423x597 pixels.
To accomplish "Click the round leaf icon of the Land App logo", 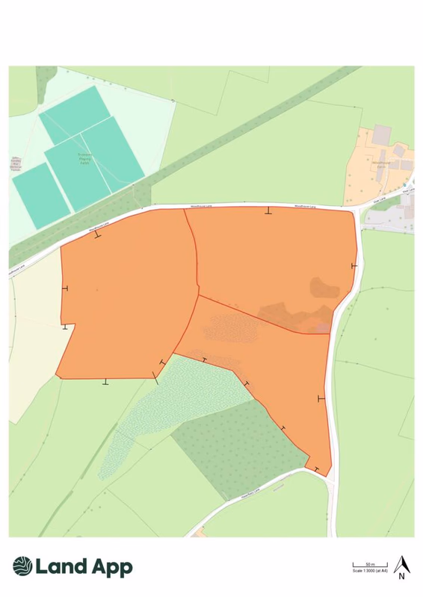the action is pyautogui.click(x=22, y=567).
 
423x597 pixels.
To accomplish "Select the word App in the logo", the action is pyautogui.click(x=108, y=567).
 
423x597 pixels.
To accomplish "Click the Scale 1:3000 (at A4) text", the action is pyautogui.click(x=370, y=571).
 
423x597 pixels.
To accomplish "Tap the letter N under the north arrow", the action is pyautogui.click(x=401, y=575).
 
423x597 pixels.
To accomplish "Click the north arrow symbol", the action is pyautogui.click(x=401, y=563).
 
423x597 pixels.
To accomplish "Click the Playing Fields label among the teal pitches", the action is pyautogui.click(x=88, y=157).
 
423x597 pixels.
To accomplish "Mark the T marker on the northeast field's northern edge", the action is pyautogui.click(x=268, y=211).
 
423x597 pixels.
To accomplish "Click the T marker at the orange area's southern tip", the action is pyautogui.click(x=318, y=469).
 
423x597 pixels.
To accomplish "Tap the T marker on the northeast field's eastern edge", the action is pyautogui.click(x=354, y=265).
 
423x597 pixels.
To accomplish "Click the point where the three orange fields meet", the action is pyautogui.click(x=198, y=296).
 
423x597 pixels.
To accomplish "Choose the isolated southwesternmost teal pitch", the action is pyautogui.click(x=40, y=196).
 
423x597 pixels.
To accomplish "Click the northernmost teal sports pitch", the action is pyautogui.click(x=75, y=113).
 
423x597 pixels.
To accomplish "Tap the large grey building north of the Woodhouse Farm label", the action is pyautogui.click(x=382, y=135).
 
